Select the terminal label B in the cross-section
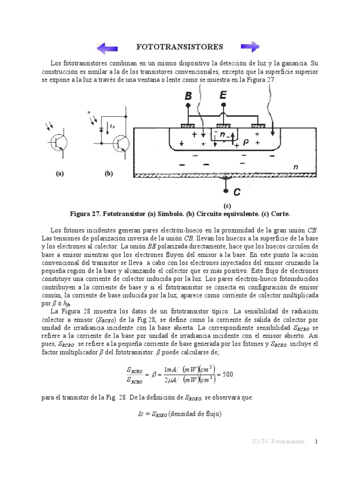[188, 96]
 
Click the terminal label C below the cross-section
[237, 192]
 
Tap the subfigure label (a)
[59, 173]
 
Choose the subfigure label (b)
[109, 173]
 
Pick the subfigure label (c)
[227, 206]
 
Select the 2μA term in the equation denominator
[171, 380]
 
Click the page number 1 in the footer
[316, 442]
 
